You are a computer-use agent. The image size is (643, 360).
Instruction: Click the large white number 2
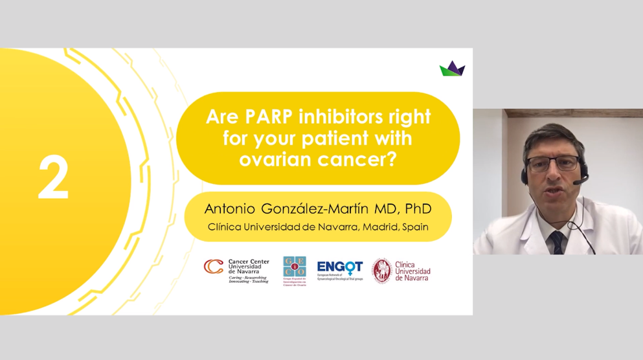[53, 179]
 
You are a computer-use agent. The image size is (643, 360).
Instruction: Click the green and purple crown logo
[452, 69]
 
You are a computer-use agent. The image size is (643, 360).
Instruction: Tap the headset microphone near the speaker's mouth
[576, 183]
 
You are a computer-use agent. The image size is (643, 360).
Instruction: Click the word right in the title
[409, 118]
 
